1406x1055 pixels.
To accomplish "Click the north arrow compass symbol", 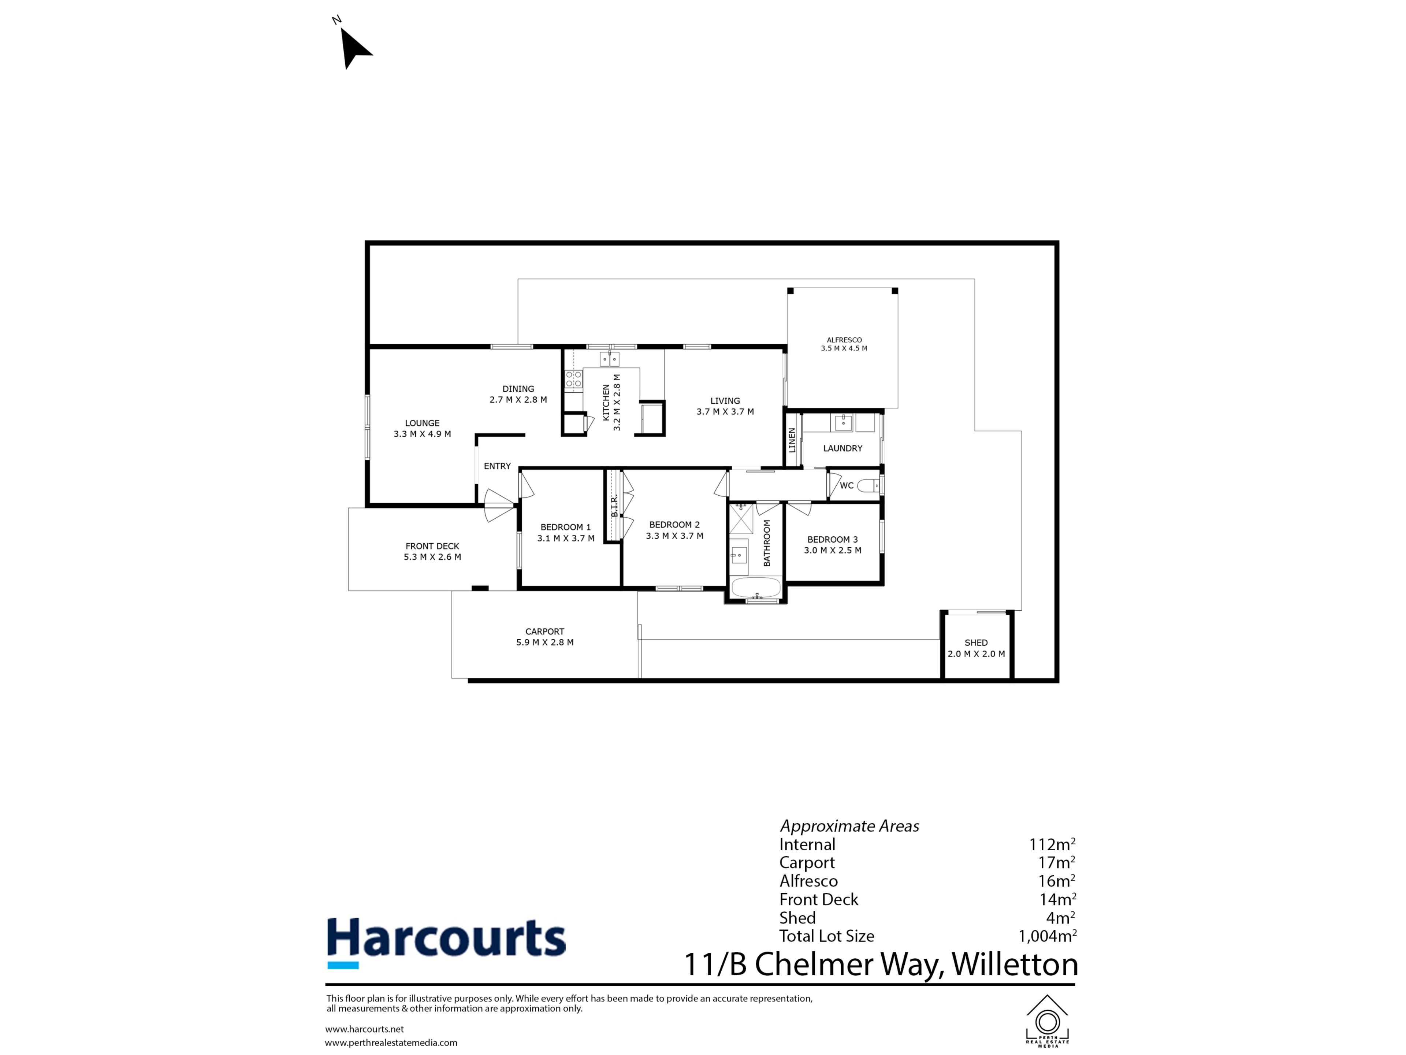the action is [x=354, y=47].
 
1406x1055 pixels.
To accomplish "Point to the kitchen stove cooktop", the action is [x=573, y=380].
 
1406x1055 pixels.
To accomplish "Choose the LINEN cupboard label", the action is [x=792, y=440].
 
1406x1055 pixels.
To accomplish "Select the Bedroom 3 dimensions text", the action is [x=833, y=550].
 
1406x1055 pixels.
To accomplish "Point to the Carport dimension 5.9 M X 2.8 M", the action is [x=545, y=642].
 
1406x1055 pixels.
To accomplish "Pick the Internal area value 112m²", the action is [x=1052, y=844].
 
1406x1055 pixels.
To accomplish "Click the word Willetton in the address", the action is [x=1015, y=964].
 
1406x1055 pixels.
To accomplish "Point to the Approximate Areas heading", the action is [x=849, y=826].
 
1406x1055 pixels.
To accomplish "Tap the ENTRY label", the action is [x=497, y=466].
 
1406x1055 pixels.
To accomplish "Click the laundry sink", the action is [x=844, y=422].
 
